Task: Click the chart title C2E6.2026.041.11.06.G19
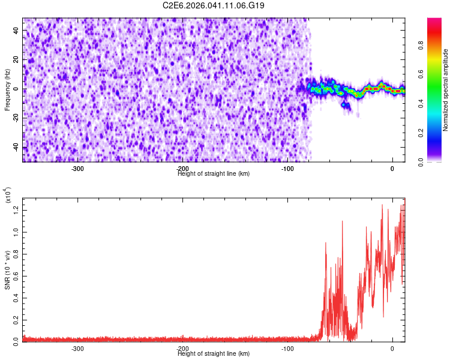pyautogui.click(x=214, y=5)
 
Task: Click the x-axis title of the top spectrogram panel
pyautogui.click(x=214, y=174)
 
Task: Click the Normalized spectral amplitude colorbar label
pyautogui.click(x=446, y=90)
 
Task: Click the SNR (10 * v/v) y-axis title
pyautogui.click(x=7, y=269)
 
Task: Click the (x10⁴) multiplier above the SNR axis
pyautogui.click(x=8, y=196)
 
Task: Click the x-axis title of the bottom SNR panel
pyautogui.click(x=214, y=354)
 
